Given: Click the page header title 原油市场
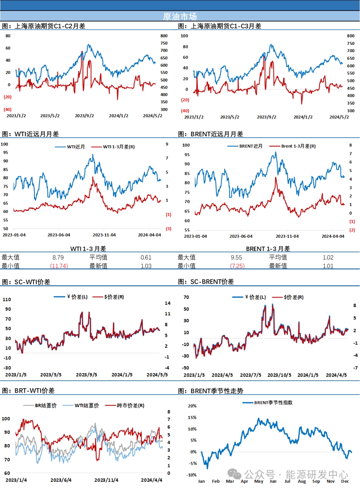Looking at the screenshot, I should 180,16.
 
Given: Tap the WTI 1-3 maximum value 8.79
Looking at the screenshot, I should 58,257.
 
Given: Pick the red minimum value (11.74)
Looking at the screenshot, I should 59,266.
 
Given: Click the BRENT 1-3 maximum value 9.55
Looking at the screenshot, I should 236,257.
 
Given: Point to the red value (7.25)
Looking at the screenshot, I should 237,266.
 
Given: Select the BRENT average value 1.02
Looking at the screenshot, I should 328,257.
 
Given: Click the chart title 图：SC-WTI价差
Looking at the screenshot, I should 26,282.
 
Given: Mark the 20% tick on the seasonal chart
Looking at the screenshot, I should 192,406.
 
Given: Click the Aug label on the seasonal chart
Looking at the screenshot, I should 302,481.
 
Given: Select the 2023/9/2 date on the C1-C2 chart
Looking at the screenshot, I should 84,116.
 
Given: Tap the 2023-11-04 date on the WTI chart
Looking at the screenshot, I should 104,235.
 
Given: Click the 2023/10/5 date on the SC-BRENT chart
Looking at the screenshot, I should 279,375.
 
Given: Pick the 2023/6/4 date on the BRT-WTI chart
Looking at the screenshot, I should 61,480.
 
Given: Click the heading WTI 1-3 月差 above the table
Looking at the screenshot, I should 88,249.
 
